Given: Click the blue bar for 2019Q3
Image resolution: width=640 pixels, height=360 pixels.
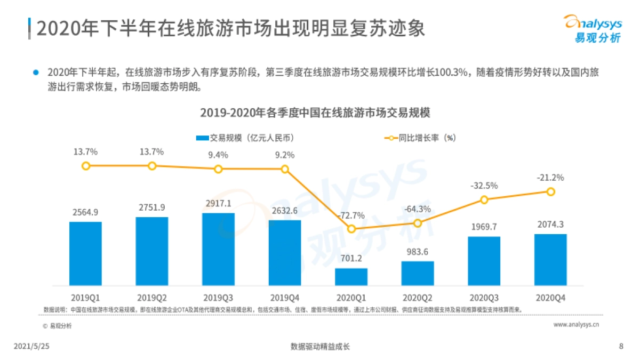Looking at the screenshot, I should click(x=218, y=249).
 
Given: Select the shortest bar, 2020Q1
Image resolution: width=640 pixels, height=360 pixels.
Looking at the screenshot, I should click(x=351, y=276).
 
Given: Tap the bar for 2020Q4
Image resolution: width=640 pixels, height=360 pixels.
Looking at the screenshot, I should click(x=550, y=259).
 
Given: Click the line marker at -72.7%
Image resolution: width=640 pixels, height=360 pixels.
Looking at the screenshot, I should click(x=351, y=229).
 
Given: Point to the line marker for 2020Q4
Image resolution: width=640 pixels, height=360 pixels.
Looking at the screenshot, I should click(x=550, y=191).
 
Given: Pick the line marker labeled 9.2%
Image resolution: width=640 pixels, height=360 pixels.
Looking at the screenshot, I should click(x=285, y=169).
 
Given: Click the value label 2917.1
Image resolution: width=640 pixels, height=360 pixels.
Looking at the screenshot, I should click(x=218, y=204).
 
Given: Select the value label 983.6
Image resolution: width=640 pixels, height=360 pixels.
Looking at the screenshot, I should click(x=418, y=252).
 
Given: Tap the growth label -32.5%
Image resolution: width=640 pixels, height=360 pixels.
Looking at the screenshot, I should click(x=484, y=186).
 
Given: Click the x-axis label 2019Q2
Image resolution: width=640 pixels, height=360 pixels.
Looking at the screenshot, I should click(x=152, y=297).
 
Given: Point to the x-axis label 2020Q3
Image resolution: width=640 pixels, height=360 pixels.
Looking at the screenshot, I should click(x=484, y=297).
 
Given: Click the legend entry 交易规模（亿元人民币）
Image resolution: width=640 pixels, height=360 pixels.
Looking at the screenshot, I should click(x=245, y=138).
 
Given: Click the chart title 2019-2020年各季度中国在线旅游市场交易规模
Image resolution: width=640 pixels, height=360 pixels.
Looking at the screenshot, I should click(x=315, y=113).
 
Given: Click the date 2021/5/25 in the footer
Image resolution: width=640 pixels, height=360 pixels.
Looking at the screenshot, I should click(x=35, y=346).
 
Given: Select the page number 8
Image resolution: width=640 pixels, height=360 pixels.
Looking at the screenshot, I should click(x=621, y=346).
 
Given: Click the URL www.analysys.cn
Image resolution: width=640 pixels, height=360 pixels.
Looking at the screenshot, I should click(x=577, y=324).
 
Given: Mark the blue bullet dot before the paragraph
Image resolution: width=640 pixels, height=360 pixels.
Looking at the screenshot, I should click(x=36, y=71).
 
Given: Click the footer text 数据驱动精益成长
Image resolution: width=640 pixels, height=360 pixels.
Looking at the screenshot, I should click(x=320, y=346).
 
